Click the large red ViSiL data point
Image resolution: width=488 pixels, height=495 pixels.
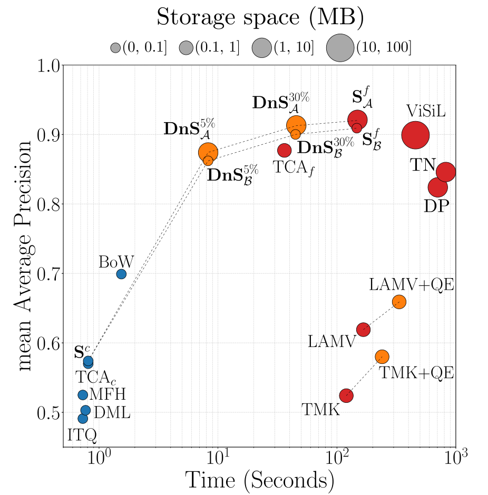[x=415, y=135]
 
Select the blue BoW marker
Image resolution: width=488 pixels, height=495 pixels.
[x=121, y=274]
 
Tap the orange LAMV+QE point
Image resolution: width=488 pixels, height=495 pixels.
[x=399, y=302]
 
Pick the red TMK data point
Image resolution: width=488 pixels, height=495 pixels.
[x=346, y=395]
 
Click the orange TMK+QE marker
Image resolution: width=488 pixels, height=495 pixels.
[x=382, y=357]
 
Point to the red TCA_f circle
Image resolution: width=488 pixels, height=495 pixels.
[x=285, y=150]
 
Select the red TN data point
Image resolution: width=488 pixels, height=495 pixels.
[x=446, y=172]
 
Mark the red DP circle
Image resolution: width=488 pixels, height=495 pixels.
[x=437, y=187]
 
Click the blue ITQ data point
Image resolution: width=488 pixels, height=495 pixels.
[x=83, y=419]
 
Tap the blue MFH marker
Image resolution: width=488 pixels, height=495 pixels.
[x=83, y=395]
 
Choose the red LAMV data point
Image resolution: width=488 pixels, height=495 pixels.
[x=363, y=330]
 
